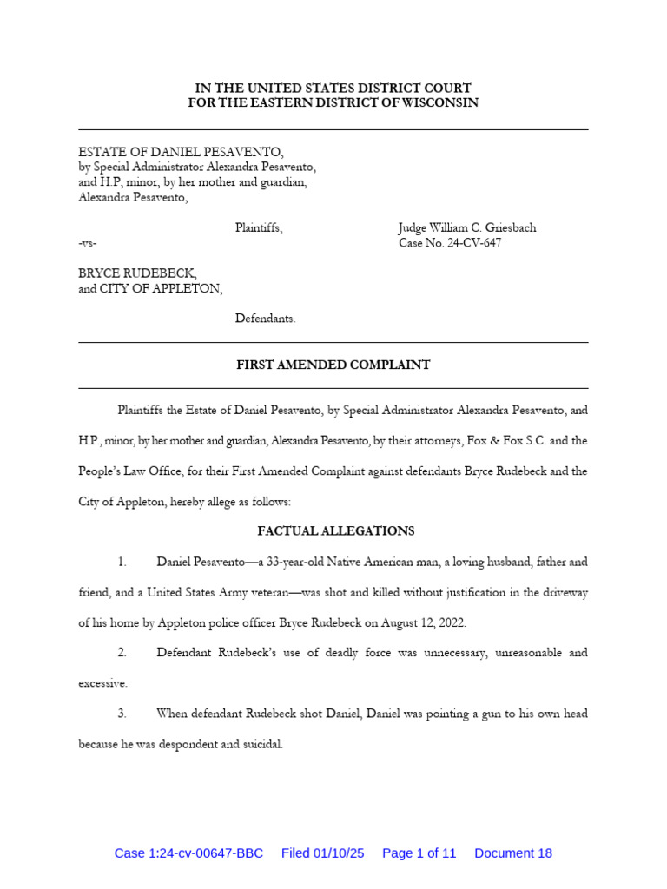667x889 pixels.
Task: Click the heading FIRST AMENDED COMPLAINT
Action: click(333, 365)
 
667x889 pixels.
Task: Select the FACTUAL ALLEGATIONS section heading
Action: click(336, 530)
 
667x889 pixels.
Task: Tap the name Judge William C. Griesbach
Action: click(467, 228)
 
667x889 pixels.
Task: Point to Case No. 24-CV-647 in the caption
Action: click(450, 244)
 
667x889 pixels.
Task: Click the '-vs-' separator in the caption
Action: click(88, 244)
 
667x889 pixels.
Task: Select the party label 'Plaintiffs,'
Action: click(259, 228)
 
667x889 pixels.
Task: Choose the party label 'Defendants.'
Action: click(266, 319)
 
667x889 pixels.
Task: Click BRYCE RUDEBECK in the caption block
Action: click(137, 273)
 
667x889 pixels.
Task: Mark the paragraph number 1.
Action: click(122, 562)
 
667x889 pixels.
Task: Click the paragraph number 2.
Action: click(122, 652)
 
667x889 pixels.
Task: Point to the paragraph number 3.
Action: click(122, 714)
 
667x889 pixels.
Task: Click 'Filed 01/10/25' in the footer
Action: click(322, 853)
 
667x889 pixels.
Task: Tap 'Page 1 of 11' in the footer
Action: click(419, 853)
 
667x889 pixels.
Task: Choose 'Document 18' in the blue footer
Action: click(513, 853)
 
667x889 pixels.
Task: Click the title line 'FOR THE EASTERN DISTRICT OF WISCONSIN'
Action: click(333, 103)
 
